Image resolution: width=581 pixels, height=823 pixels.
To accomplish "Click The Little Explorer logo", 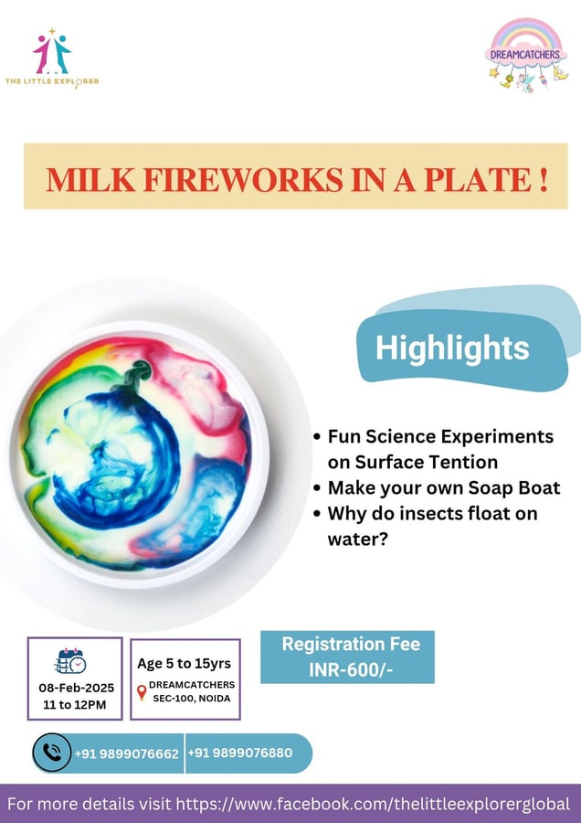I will pos(52,58).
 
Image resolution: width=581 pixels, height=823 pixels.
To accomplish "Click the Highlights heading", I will pos(452,348).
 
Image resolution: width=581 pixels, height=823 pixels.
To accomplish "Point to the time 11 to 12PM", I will pos(74,705).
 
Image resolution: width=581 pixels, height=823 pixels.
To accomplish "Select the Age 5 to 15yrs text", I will pos(185,664).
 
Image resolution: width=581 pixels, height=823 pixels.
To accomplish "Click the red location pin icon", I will pos(141,692).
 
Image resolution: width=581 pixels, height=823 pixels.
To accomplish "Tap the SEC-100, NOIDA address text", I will pos(191,700).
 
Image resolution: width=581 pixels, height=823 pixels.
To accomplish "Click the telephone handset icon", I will pos(51,754).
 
